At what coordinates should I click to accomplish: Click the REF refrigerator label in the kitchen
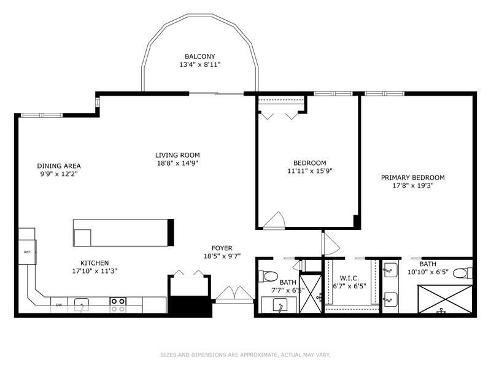pos(27,251)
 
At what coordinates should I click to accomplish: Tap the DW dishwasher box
pos(60,304)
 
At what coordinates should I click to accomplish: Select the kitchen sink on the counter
pos(80,303)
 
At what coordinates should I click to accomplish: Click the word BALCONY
pos(199,56)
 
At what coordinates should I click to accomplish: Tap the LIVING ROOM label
pos(177,155)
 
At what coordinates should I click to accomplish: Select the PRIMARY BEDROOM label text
pos(412,178)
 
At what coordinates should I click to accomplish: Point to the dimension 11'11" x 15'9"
pos(310,172)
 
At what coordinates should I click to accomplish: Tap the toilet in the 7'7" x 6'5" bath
pos(269,276)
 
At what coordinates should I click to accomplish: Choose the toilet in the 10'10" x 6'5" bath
pos(462,274)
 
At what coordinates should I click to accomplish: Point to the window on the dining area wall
pos(41,115)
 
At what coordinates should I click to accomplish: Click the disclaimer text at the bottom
pos(245,355)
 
